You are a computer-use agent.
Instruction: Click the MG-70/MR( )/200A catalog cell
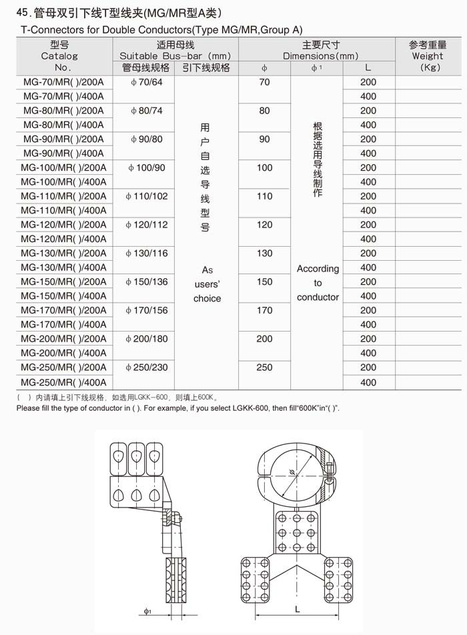[x=63, y=82]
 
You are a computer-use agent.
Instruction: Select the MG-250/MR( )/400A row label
[x=63, y=382]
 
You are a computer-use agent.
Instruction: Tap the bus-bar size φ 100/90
[x=146, y=167]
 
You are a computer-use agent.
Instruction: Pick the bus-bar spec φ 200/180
[x=146, y=339]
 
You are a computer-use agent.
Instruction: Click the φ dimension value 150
[x=264, y=281]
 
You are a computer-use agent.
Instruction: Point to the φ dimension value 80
[x=264, y=111]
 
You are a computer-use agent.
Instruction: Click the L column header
[x=368, y=67]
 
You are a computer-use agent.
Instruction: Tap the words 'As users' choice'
[x=207, y=284]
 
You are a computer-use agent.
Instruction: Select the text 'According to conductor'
[x=318, y=283]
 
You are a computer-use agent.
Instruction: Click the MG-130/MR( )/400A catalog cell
[x=63, y=267]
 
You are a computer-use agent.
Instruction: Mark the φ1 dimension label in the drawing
[x=147, y=610]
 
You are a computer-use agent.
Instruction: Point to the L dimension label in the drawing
[x=297, y=609]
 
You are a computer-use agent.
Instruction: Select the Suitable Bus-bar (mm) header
[x=175, y=56]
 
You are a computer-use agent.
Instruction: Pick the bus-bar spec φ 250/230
[x=146, y=368]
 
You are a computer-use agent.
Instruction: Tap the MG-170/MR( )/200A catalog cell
[x=63, y=310]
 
